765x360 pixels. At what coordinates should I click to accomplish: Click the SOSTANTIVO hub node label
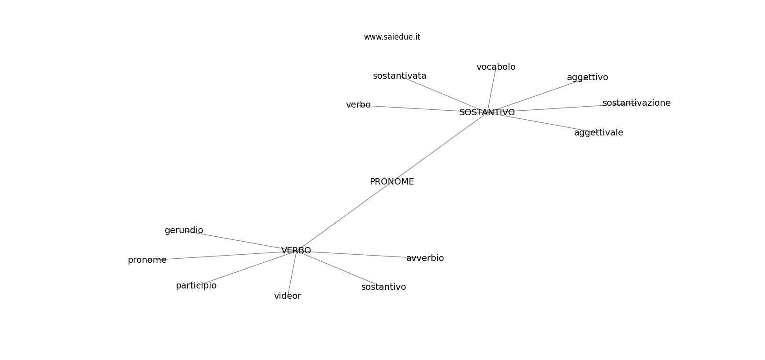(487, 112)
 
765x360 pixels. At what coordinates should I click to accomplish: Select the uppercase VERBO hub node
(296, 251)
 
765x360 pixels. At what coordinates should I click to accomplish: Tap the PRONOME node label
(391, 182)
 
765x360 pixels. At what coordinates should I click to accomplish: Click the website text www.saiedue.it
(392, 37)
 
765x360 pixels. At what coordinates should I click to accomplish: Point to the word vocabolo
(496, 67)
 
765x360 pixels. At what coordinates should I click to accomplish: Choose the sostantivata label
(400, 76)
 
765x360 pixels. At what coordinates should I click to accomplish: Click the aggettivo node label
(587, 77)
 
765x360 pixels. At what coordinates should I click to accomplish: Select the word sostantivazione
(636, 103)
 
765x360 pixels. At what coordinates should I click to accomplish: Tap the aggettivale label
(598, 133)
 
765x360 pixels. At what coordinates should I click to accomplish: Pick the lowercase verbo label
(358, 105)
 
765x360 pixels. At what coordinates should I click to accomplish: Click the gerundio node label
(184, 230)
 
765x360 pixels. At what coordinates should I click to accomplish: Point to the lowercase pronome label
(147, 260)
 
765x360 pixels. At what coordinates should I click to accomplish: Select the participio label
(196, 286)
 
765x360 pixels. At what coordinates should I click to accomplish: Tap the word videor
(288, 296)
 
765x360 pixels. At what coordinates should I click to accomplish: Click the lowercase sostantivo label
(383, 287)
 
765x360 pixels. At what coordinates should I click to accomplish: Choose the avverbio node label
(425, 258)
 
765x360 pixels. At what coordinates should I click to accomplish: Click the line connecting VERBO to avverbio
(360, 254)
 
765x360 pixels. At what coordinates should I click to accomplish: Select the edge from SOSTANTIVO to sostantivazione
(558, 108)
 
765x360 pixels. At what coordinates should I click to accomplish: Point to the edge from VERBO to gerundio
(243, 240)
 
